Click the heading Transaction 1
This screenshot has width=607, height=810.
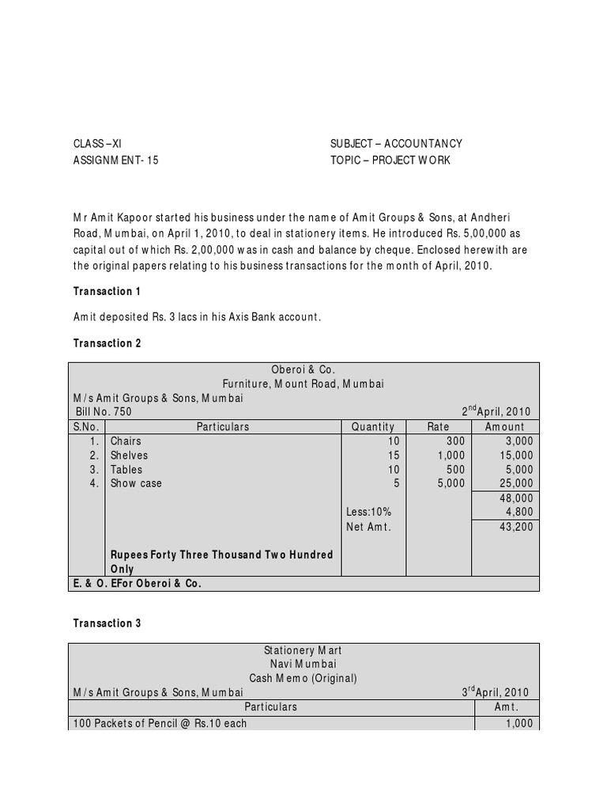[x=107, y=292]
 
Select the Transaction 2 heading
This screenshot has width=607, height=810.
[x=107, y=343]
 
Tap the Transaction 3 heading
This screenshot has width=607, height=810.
[x=107, y=623]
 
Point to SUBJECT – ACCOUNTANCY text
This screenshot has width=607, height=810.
[x=396, y=143]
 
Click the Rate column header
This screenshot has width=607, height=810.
[x=438, y=426]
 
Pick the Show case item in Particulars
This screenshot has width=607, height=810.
[x=136, y=483]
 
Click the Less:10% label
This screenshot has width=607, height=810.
[x=368, y=512]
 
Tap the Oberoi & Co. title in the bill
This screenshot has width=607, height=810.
[x=304, y=369]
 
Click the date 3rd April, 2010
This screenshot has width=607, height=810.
[x=496, y=692]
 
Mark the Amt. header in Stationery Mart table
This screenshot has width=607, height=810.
[x=506, y=706]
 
